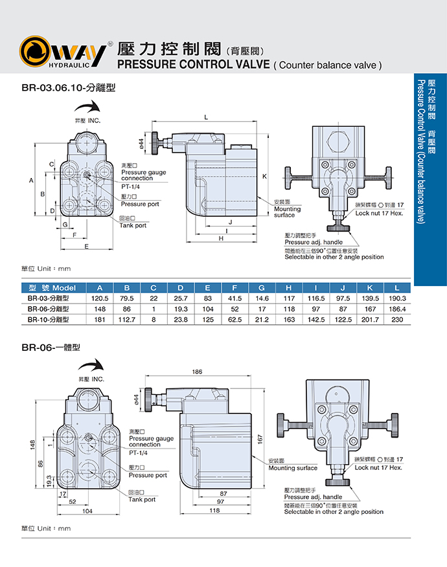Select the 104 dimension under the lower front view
click(x=87, y=511)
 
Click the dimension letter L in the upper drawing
click(x=205, y=117)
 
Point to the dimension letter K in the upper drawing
click(x=265, y=176)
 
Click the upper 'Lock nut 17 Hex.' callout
click(x=379, y=212)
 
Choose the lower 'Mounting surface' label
click(x=293, y=467)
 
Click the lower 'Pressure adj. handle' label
click(x=314, y=496)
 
